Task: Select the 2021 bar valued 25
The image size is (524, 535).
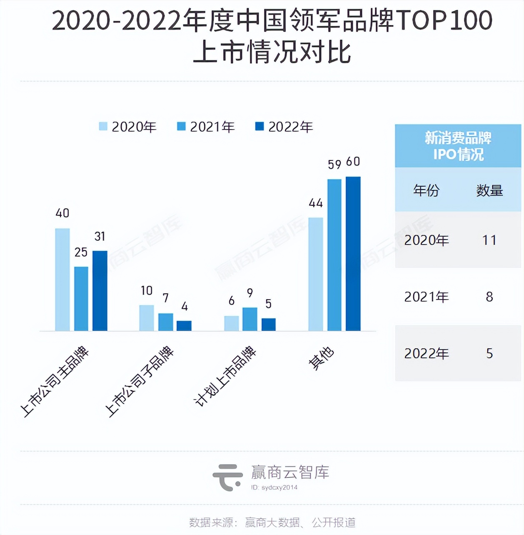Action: pyautogui.click(x=81, y=298)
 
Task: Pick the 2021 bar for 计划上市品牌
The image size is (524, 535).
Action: pyautogui.click(x=250, y=319)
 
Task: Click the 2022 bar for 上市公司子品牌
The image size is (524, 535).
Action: pyautogui.click(x=184, y=325)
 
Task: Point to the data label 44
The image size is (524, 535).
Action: pyautogui.click(x=316, y=203)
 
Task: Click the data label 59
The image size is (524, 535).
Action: pyautogui.click(x=334, y=165)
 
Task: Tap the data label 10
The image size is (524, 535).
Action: pyautogui.click(x=147, y=290)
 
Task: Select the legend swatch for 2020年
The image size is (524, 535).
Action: pyautogui.click(x=103, y=126)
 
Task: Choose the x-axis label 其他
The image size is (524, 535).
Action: pyautogui.click(x=321, y=358)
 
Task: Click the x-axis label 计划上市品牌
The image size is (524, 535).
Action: pyautogui.click(x=225, y=376)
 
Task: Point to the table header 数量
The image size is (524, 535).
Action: pyautogui.click(x=489, y=190)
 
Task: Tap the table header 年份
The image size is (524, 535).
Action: pyautogui.click(x=426, y=190)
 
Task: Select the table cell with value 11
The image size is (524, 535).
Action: pyautogui.click(x=489, y=240)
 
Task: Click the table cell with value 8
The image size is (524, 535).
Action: pyautogui.click(x=489, y=297)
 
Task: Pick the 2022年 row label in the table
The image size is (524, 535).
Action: pyautogui.click(x=427, y=353)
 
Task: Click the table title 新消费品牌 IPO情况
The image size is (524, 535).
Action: pyautogui.click(x=458, y=146)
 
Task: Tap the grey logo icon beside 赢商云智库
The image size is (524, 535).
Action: pyautogui.click(x=227, y=477)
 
